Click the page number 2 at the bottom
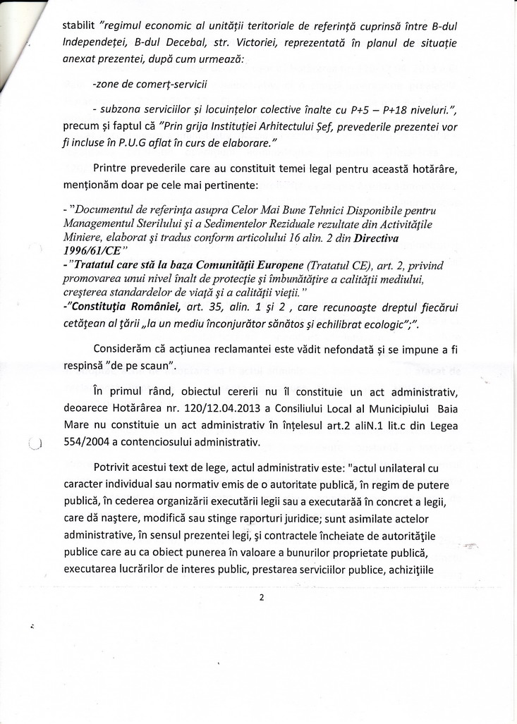pos(261,598)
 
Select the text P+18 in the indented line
pos(364,110)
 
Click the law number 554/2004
pos(87,443)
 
